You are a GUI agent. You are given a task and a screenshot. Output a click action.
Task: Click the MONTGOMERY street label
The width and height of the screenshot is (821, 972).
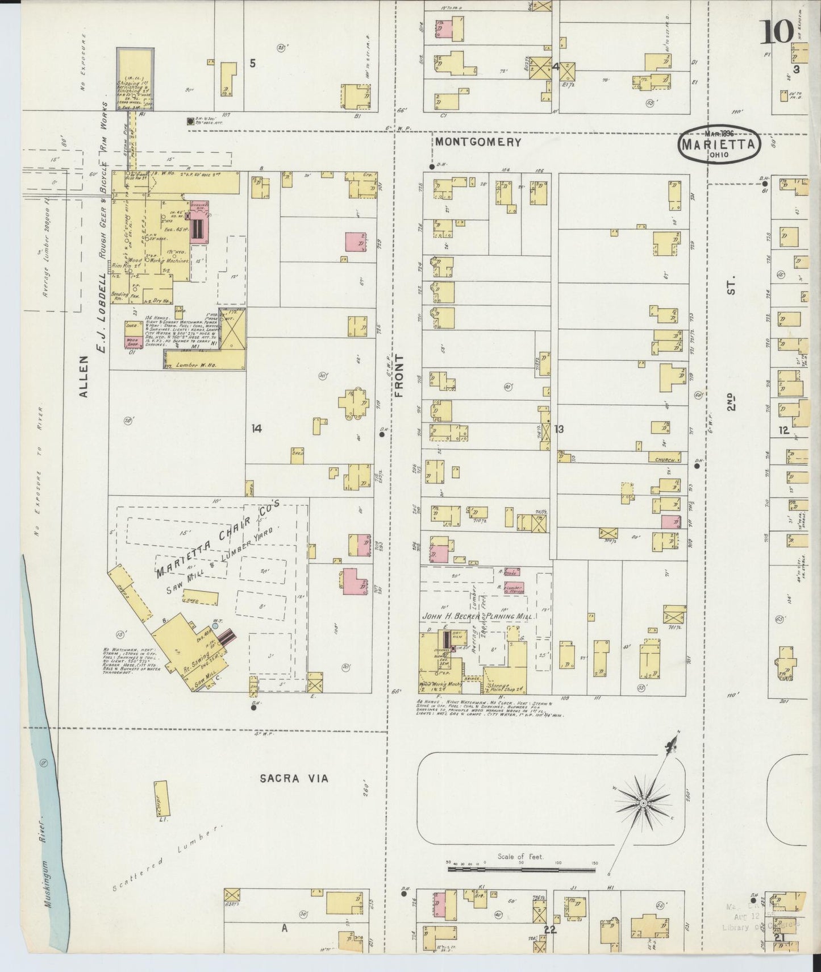pos(477,142)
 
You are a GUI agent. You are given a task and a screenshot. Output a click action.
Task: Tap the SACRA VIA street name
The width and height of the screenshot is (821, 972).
pos(294,778)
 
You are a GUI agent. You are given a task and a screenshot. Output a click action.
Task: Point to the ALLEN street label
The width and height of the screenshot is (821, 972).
pos(84,376)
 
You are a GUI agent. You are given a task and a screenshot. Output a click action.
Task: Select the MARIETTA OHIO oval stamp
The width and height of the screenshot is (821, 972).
pos(719,144)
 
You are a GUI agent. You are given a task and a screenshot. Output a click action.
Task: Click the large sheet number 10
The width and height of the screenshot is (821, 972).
pos(777,32)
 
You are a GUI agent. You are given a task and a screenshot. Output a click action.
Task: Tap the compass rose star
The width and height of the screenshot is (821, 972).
pos(643,803)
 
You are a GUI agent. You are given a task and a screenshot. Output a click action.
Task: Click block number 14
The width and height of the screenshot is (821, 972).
pos(256,429)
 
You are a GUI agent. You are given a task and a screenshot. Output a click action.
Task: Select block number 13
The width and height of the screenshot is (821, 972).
pos(559,429)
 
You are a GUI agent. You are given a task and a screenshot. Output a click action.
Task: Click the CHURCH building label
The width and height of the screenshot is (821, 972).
pos(664,460)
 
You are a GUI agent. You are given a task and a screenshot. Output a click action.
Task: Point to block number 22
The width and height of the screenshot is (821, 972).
pos(549,929)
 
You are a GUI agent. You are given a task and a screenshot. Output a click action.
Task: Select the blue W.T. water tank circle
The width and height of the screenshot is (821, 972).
pos(215,625)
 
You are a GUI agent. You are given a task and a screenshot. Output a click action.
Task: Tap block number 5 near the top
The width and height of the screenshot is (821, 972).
pos(252,63)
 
